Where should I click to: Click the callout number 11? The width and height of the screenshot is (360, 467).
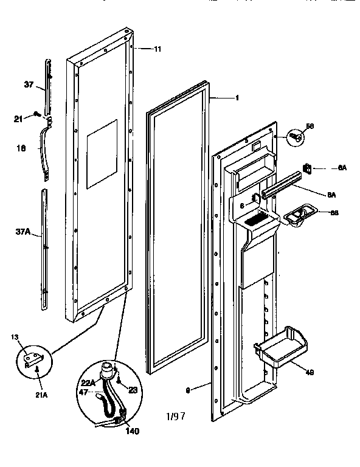tap(157, 48)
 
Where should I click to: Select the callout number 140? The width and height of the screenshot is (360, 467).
tap(133, 432)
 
